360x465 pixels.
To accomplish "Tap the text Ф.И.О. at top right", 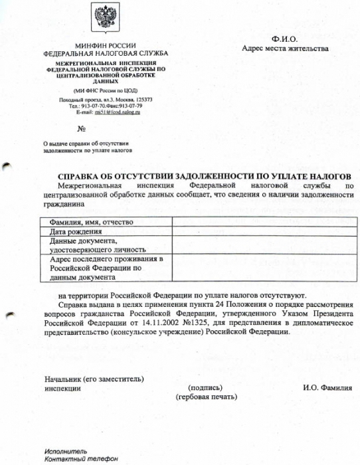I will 285,39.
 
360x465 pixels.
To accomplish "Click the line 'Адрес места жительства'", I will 285,48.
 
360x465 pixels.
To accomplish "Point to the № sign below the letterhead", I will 82,128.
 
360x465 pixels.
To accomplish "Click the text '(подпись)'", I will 205,388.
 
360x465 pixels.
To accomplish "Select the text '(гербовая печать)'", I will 206,397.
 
